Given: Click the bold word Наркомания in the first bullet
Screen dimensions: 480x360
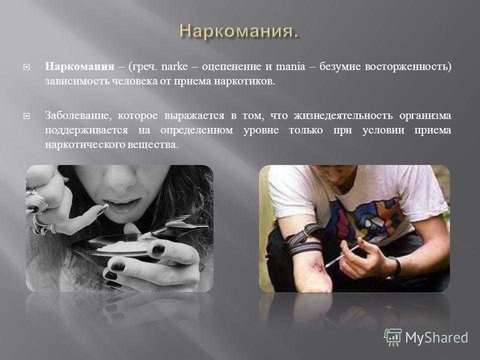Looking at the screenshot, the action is click(79, 66).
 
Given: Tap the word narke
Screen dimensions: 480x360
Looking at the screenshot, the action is click(174, 66).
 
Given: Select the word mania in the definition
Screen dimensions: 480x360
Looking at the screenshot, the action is click(290, 66).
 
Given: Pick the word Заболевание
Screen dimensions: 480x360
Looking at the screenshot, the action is click(77, 115).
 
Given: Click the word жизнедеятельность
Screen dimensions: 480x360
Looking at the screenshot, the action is click(343, 115).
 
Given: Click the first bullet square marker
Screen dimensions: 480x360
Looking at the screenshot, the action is click(26, 66).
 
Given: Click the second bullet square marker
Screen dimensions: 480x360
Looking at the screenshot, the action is click(26, 116).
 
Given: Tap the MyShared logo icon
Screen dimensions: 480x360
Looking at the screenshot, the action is click(393, 337).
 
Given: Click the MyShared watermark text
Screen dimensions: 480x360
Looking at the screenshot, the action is click(436, 337).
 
